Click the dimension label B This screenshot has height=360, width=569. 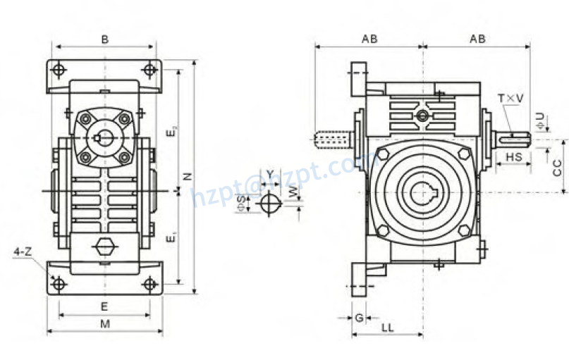(104, 39)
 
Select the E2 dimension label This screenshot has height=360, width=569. (172, 131)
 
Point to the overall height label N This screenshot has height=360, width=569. (188, 176)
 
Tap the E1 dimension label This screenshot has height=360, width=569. (172, 238)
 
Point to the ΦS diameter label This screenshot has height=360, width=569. (242, 204)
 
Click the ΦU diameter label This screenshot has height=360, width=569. (539, 120)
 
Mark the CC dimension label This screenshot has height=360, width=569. (556, 167)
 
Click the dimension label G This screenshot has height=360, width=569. (358, 317)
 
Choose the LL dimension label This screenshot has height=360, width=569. (388, 328)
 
